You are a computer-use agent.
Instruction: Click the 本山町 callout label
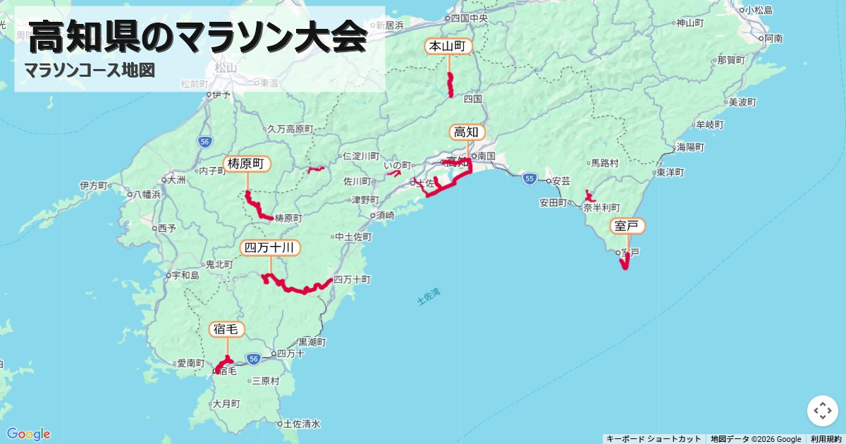coord(448,47)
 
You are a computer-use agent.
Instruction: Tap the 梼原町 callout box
coord(247,164)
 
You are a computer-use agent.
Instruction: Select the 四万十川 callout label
coord(270,248)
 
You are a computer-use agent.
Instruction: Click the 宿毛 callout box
coord(227,329)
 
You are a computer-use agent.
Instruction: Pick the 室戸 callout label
coord(627,226)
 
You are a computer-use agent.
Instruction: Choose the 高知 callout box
coord(467,132)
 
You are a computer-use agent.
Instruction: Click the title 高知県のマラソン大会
coord(198,37)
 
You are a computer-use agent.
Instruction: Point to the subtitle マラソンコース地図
coord(89,70)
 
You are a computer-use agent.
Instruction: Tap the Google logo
coord(28,433)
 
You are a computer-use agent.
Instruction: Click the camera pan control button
coord(822,411)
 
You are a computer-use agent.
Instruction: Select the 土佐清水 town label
coord(301,424)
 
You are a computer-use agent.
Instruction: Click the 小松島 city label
coord(759,10)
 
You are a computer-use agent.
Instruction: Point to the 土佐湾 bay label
coord(428,297)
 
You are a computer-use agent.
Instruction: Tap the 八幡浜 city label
coord(147,194)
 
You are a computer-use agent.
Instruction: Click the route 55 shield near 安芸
coord(529,180)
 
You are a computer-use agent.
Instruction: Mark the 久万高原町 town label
coord(290,130)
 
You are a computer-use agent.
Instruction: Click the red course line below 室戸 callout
coord(625,262)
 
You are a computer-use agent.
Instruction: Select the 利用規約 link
coord(826,439)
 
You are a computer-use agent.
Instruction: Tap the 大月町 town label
coord(227,405)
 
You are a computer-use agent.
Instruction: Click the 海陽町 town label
coord(690,148)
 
